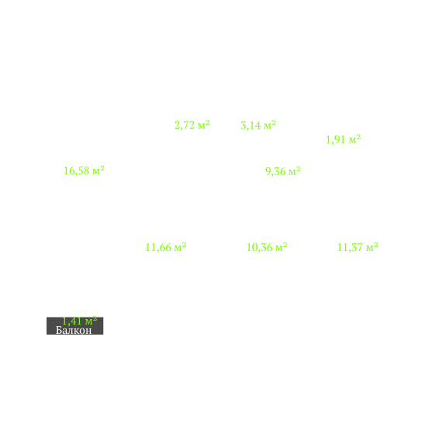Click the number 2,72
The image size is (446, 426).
coord(185,125)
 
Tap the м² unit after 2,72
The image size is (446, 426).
coord(204,125)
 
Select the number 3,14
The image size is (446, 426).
coord(251,125)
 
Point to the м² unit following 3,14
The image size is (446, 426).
coord(270,125)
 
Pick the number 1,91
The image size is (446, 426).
coord(336,139)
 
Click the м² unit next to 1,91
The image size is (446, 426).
coord(355,139)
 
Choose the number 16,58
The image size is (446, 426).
coord(77,171)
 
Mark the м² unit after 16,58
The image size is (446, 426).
coord(99,170)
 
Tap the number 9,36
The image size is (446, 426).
coord(275,171)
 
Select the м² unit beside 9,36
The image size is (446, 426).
coord(295,171)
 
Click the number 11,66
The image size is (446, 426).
coord(158,247)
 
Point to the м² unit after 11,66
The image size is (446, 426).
coord(180,247)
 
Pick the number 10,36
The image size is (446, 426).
coord(259,247)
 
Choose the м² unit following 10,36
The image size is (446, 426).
coord(282,247)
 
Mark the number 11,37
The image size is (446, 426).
coord(350,247)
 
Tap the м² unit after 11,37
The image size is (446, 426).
coord(372,247)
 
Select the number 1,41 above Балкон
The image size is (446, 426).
coord(72,321)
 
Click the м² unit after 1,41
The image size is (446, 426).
coord(91,321)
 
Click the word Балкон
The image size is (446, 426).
coord(74,330)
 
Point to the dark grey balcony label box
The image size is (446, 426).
coord(74,326)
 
